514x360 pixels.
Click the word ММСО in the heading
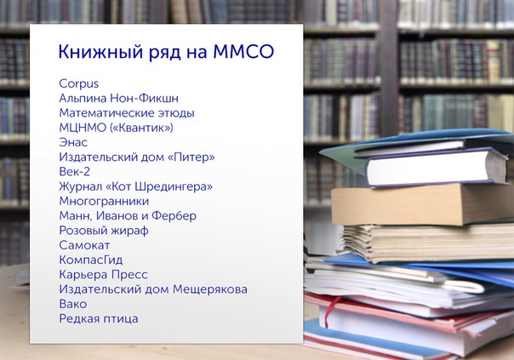(x=243, y=51)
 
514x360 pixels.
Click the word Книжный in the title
(x=100, y=52)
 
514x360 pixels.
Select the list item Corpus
(x=78, y=84)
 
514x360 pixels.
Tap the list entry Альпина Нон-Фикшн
(x=118, y=98)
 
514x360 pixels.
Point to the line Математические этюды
(x=127, y=113)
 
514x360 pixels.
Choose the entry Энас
(x=73, y=142)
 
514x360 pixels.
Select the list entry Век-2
(x=74, y=171)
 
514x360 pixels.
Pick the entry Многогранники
(x=104, y=202)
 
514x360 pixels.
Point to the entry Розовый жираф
(x=104, y=231)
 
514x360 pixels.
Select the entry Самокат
(x=84, y=245)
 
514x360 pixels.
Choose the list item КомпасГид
(x=91, y=260)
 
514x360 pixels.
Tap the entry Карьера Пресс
(x=103, y=275)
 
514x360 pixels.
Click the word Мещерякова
(x=210, y=289)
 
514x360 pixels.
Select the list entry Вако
(x=73, y=304)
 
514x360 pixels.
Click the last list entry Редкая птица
(x=99, y=318)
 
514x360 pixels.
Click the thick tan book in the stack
(x=423, y=204)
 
